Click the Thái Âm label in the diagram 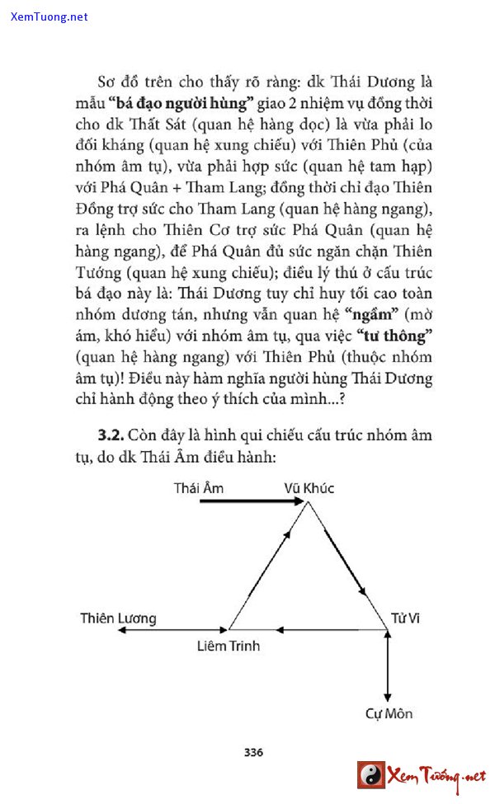coord(198,487)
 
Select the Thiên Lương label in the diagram coord(118,618)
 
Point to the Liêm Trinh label coord(229,646)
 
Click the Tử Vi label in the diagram coord(405,618)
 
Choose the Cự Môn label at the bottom coord(389,713)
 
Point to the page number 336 coord(253,752)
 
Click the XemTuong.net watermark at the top coord(49,16)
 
